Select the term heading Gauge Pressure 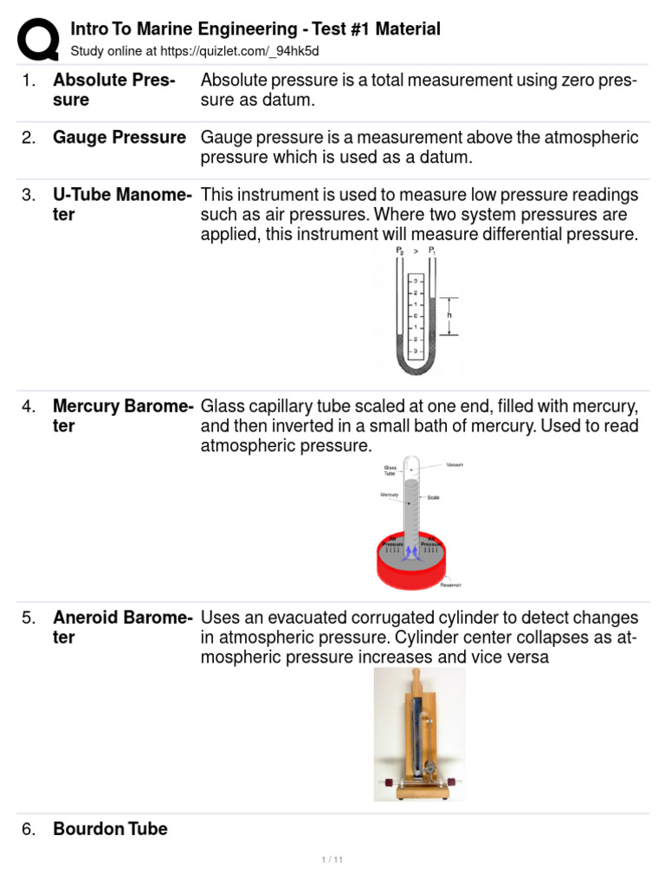(x=119, y=138)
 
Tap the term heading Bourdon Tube (x=110, y=829)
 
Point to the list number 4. (x=29, y=406)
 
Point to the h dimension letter (x=449, y=315)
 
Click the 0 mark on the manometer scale (x=415, y=316)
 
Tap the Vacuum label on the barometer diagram (x=455, y=465)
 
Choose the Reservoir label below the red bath (x=451, y=585)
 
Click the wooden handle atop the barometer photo (x=416, y=676)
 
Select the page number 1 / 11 (x=332, y=859)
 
